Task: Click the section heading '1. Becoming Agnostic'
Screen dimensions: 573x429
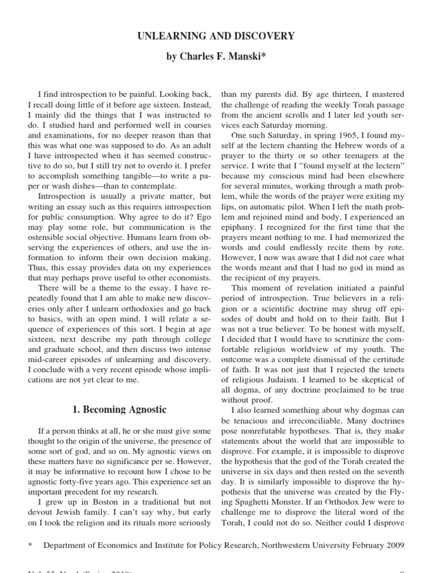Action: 120,409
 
